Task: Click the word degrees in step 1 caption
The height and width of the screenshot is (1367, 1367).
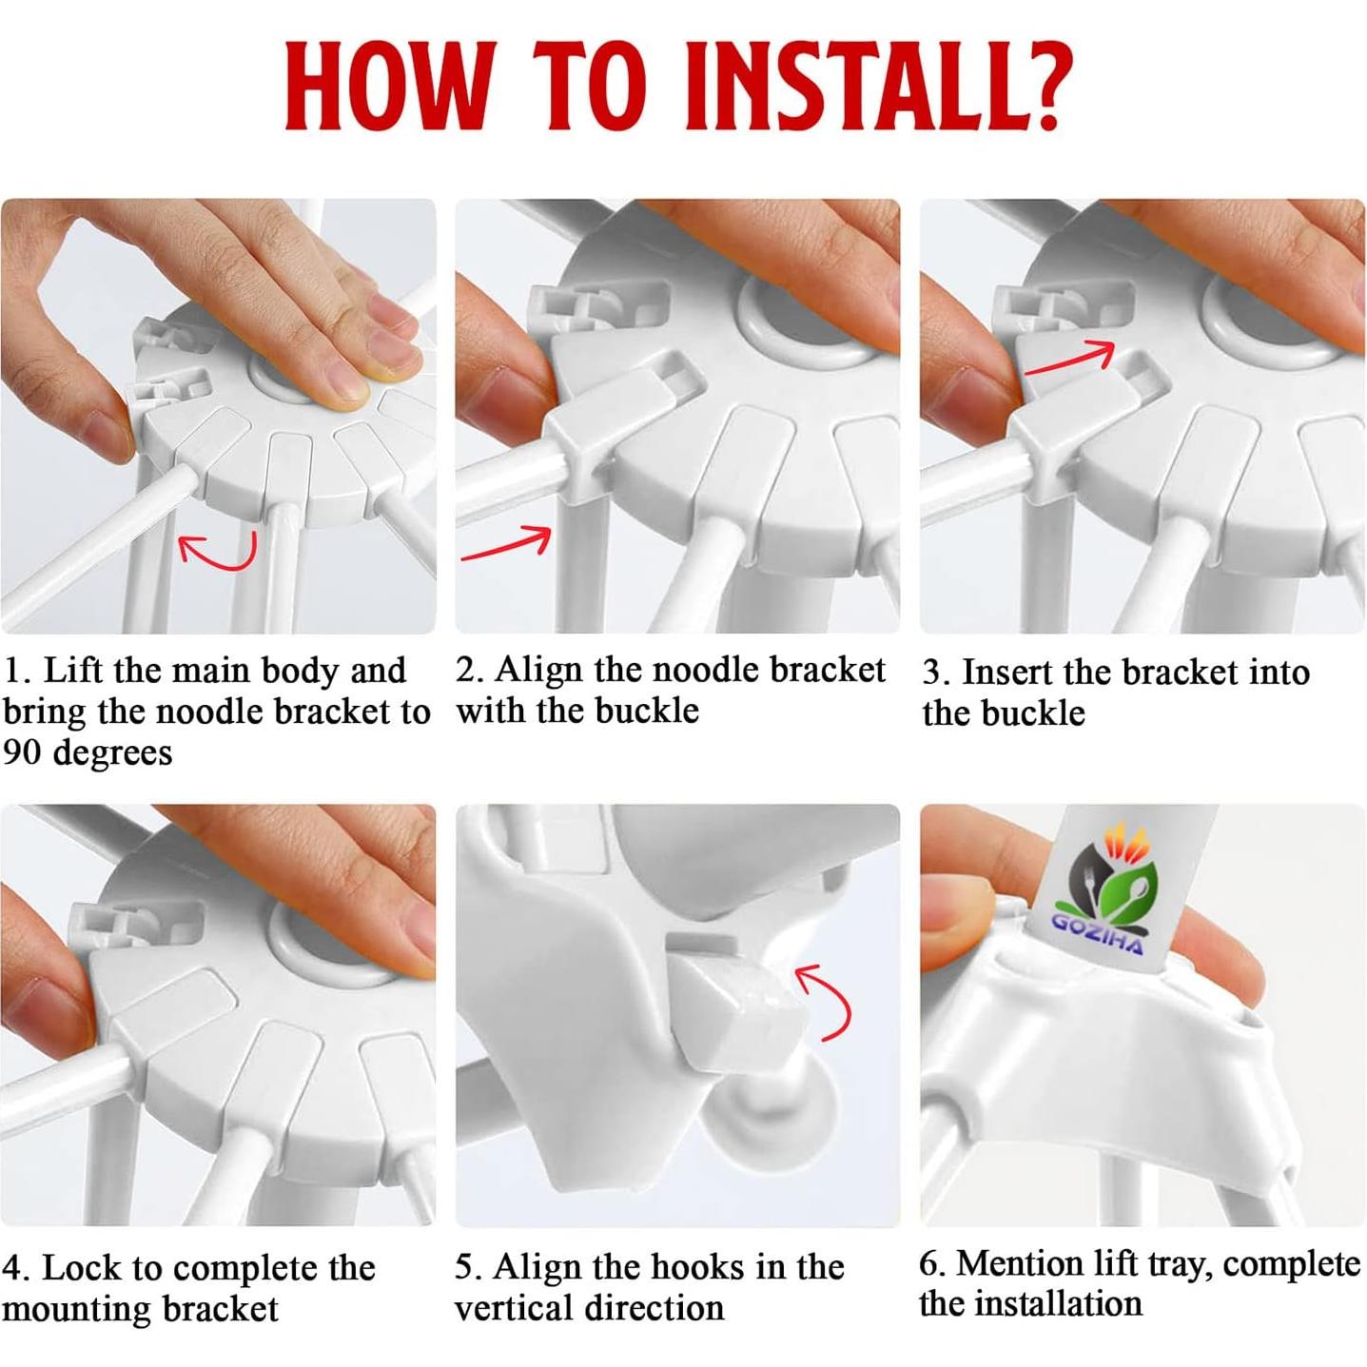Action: [112, 753]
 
